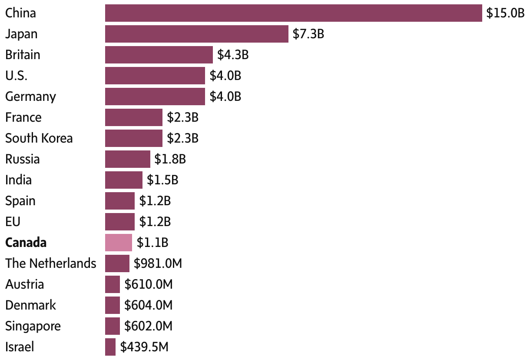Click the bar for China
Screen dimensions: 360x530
tap(293, 13)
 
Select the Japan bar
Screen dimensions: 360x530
tap(196, 34)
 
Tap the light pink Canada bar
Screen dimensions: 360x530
tap(118, 243)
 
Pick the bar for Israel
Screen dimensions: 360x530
tap(110, 347)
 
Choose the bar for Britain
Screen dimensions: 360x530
tap(159, 55)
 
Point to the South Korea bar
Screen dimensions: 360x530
tap(133, 138)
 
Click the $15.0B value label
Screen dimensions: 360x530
tap(506, 13)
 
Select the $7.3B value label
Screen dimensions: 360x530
tap(308, 34)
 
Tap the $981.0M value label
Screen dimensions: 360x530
tap(158, 263)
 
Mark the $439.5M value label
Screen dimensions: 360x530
tap(144, 347)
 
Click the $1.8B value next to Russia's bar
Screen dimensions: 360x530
tap(170, 159)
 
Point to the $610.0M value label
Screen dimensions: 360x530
tap(149, 284)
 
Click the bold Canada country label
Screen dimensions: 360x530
tap(26, 243)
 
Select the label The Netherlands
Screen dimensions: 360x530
tap(50, 263)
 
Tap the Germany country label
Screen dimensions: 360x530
tap(30, 97)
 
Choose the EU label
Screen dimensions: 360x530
tap(13, 222)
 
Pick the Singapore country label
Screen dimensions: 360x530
tap(33, 326)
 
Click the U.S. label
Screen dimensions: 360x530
tap(16, 76)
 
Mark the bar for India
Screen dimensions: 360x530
tap(123, 180)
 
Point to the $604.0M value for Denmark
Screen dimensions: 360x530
tap(149, 305)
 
